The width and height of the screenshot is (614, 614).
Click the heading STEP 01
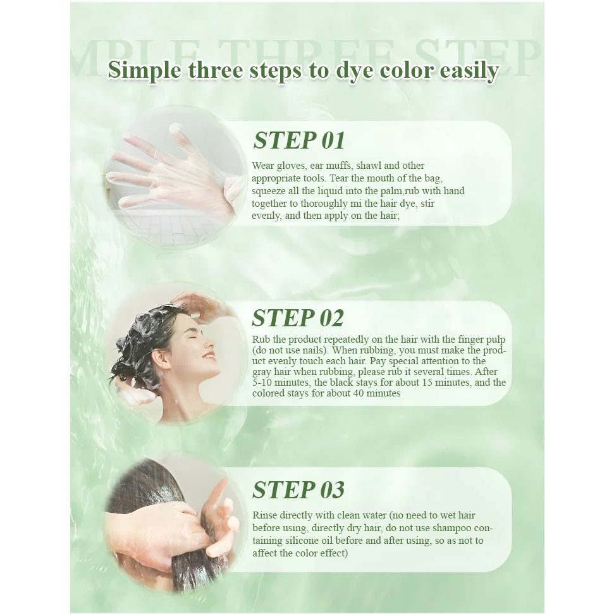[299, 140]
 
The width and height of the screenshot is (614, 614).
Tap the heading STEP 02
[298, 317]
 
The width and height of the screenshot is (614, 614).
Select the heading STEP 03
[298, 490]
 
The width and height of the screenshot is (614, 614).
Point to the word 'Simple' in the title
[145, 71]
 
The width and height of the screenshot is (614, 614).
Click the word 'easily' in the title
[469, 71]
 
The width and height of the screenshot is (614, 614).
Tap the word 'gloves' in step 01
[290, 166]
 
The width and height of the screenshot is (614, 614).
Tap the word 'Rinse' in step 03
[265, 515]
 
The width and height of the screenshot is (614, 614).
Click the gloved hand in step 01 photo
[168, 172]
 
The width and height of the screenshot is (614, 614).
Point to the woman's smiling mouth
[208, 357]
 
